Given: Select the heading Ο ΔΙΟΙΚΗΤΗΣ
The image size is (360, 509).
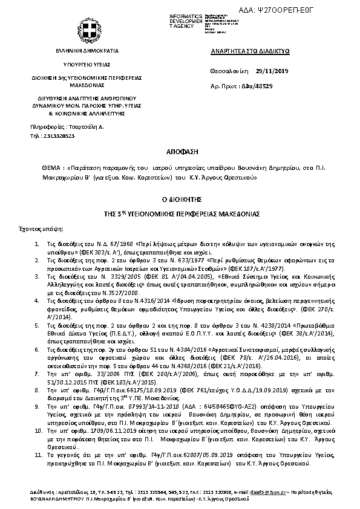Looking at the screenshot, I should [180, 198].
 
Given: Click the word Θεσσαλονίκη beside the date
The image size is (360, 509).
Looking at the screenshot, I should [227, 71].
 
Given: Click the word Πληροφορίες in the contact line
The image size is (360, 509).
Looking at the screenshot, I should [44, 127].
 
